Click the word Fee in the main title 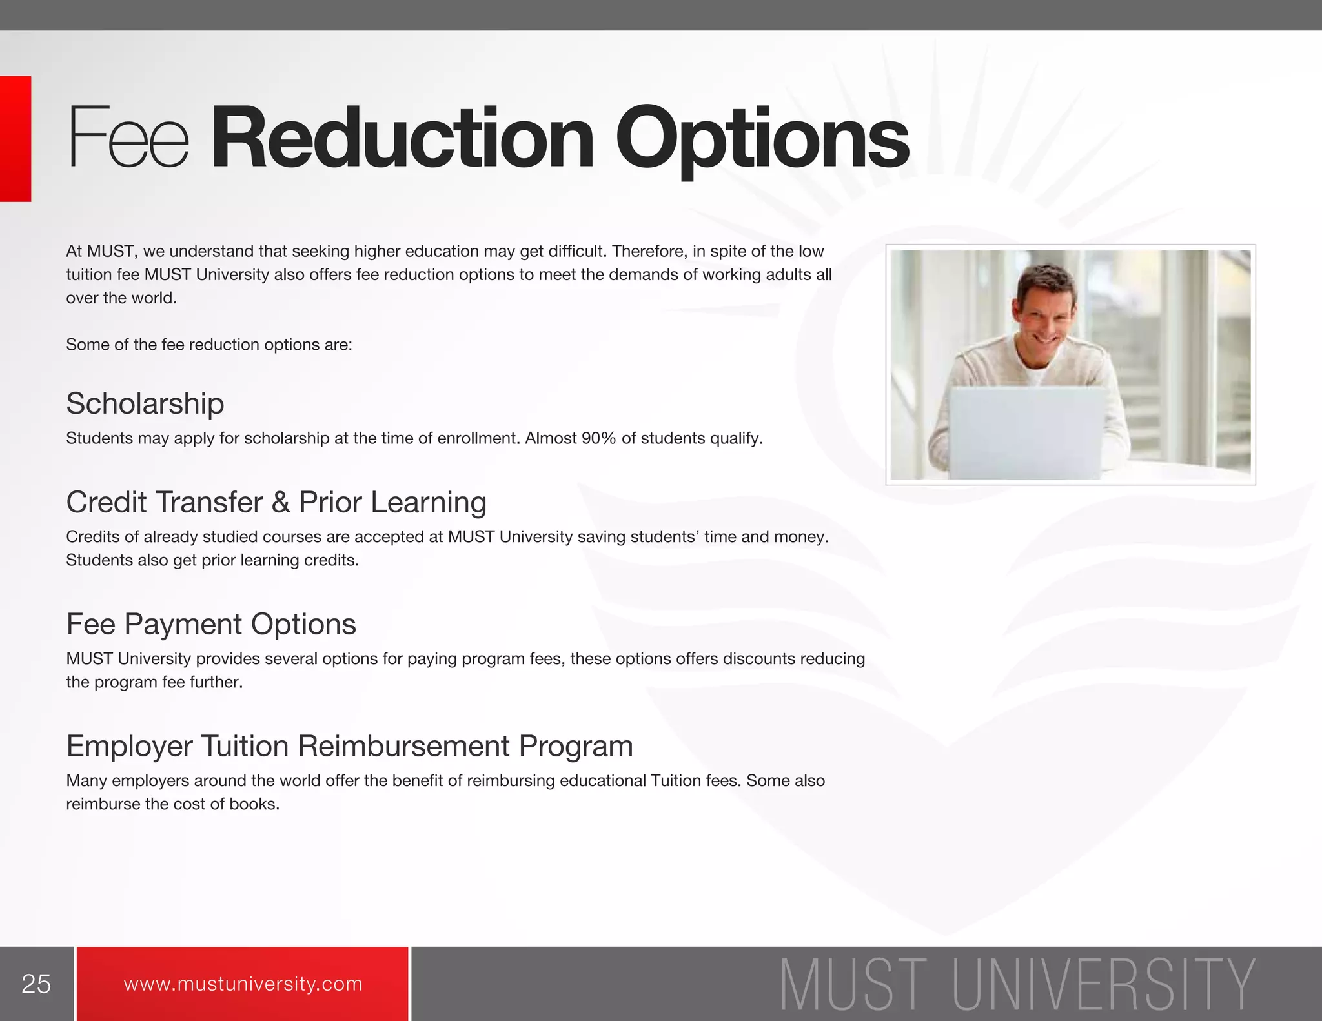(128, 137)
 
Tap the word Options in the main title (762, 139)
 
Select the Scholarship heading (145, 404)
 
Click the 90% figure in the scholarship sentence (598, 439)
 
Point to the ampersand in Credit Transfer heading (281, 502)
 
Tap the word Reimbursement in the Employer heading (404, 746)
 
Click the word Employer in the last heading (129, 747)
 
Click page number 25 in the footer (36, 984)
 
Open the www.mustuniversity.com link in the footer (243, 984)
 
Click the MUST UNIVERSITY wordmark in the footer (1017, 984)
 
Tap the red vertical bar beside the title (15, 139)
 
